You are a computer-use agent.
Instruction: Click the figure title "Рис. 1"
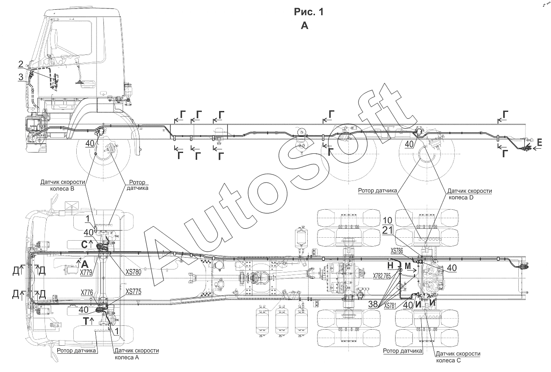309,12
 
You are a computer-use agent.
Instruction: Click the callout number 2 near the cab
20,64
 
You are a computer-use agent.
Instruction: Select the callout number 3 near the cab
20,76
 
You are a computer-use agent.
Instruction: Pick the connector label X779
87,272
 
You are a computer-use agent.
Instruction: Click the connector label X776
87,292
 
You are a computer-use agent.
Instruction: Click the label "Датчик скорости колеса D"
470,194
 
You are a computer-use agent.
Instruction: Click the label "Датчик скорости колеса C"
457,357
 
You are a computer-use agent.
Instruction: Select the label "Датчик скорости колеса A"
136,354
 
